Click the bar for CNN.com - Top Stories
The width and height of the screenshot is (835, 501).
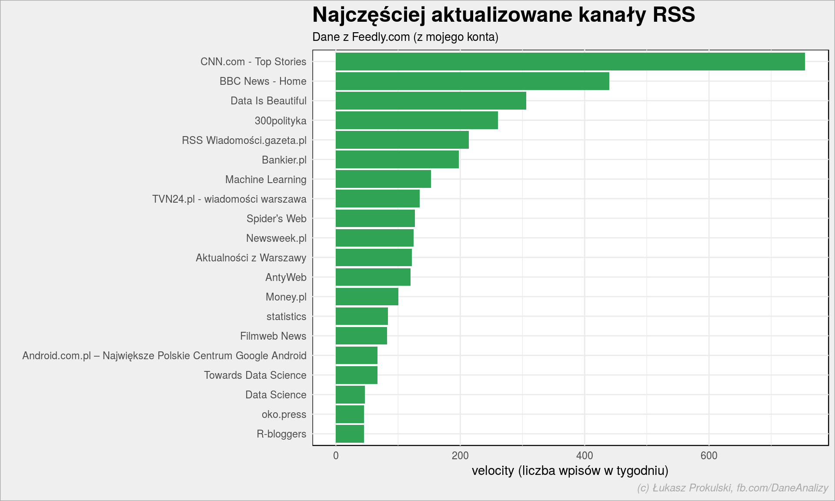[x=570, y=62]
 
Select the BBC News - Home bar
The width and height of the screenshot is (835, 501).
[x=472, y=81]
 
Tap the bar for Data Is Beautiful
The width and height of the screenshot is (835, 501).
[x=431, y=101]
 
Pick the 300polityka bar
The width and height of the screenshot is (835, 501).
[x=417, y=120]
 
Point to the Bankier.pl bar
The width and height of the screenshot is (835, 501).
[x=397, y=160]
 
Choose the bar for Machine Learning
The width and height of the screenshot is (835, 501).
[x=383, y=179]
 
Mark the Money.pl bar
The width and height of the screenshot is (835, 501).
[x=367, y=297]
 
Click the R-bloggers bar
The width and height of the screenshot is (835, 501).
[x=350, y=434]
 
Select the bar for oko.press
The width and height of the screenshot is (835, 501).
[x=350, y=414]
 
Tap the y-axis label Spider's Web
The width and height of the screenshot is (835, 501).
[x=276, y=219]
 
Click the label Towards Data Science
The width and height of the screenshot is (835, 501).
[x=255, y=375]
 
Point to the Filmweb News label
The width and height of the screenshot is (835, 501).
[x=273, y=336]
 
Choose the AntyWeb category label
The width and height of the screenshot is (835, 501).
[x=286, y=277]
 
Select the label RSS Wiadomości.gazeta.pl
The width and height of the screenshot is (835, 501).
[x=244, y=140]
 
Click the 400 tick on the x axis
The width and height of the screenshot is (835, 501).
[x=584, y=455]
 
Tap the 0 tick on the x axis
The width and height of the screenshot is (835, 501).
[x=336, y=455]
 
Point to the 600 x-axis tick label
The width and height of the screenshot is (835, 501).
[x=709, y=455]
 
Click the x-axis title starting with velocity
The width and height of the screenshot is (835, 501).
[x=570, y=471]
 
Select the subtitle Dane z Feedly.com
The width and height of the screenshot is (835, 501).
[x=405, y=37]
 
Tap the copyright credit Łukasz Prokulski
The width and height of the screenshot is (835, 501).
[x=732, y=488]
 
